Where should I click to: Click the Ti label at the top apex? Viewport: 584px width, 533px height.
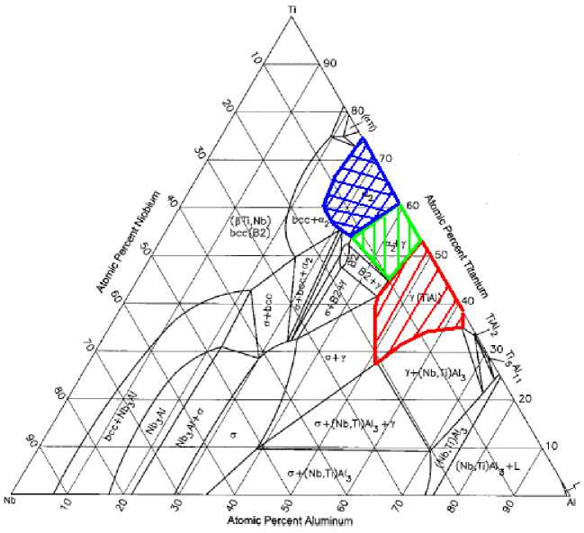[x=292, y=9]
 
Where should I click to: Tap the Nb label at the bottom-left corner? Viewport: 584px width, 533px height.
[x=11, y=500]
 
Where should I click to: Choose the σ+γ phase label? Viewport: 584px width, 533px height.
[x=335, y=358]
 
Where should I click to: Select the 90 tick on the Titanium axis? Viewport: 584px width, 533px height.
[x=330, y=63]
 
